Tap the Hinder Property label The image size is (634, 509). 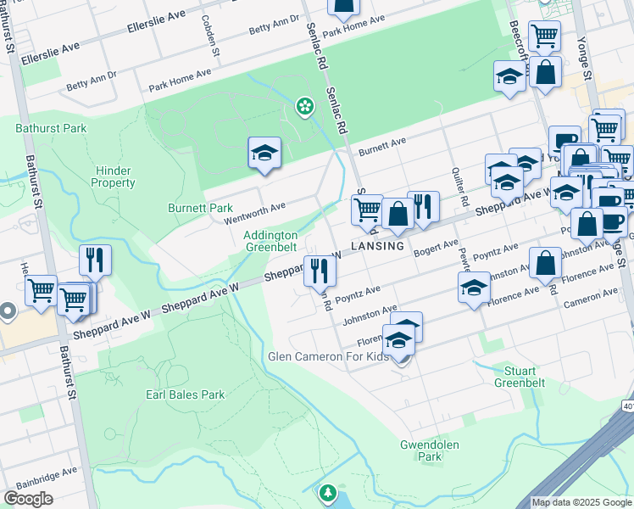pos(114,176)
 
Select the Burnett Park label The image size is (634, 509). pos(200,208)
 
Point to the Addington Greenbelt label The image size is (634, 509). pos(271,241)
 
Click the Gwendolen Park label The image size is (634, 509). pos(421,450)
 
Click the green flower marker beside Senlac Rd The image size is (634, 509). pos(303,106)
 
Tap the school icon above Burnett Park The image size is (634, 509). pos(264,154)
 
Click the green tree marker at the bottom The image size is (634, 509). pos(328,492)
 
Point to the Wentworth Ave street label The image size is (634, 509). pos(254,213)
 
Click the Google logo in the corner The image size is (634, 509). pos(29,498)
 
